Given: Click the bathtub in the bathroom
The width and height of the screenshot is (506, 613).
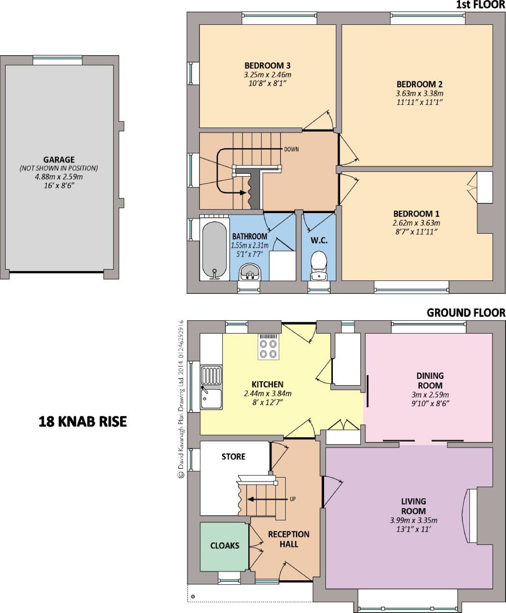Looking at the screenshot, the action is pyautogui.click(x=214, y=248).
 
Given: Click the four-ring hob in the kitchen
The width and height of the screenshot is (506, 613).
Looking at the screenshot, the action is pyautogui.click(x=268, y=347).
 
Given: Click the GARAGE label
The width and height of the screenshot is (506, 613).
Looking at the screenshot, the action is pyautogui.click(x=59, y=160).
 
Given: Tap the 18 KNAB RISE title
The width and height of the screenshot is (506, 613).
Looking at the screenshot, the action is pyautogui.click(x=83, y=422).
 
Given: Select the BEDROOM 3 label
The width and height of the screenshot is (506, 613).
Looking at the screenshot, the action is pyautogui.click(x=267, y=65).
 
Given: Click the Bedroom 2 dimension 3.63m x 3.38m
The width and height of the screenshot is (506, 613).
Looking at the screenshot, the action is pyautogui.click(x=420, y=93).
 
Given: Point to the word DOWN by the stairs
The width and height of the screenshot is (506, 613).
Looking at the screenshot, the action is pyautogui.click(x=291, y=149).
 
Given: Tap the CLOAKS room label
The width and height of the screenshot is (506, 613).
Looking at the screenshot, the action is pyautogui.click(x=225, y=545).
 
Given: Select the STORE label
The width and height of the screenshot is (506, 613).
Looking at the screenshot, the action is pyautogui.click(x=233, y=456).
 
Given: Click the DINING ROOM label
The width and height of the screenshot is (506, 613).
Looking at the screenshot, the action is pyautogui.click(x=430, y=381).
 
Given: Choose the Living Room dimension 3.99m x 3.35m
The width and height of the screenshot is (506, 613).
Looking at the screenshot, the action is pyautogui.click(x=413, y=520).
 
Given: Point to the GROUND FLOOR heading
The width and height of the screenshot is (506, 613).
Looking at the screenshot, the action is pyautogui.click(x=466, y=313).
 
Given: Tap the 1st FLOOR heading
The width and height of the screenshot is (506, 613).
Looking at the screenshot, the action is pyautogui.click(x=481, y=5).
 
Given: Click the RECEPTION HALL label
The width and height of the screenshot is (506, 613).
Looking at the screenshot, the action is pyautogui.click(x=289, y=539).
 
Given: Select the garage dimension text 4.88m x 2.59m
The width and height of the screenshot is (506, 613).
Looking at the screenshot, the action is pyautogui.click(x=59, y=177).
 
